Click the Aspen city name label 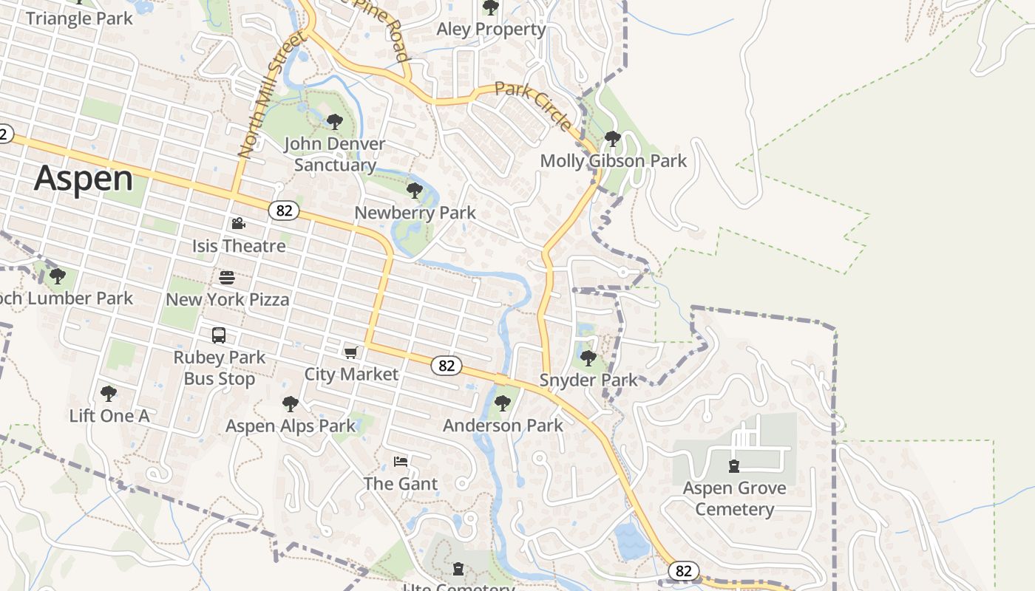84,178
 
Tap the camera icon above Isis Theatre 238,223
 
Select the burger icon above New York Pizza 227,278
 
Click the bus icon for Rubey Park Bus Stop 219,335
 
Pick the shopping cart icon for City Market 351,352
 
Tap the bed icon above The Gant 401,462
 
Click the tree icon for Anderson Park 503,403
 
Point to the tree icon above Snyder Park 588,358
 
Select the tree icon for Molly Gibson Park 612,138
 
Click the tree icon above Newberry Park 415,191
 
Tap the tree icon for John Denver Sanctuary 335,121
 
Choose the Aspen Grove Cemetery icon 733,466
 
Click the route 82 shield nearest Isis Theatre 284,211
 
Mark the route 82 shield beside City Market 446,366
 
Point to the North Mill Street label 271,95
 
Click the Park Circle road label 533,106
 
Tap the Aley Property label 491,30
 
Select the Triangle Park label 79,18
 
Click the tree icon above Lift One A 109,393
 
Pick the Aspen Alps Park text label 291,426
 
